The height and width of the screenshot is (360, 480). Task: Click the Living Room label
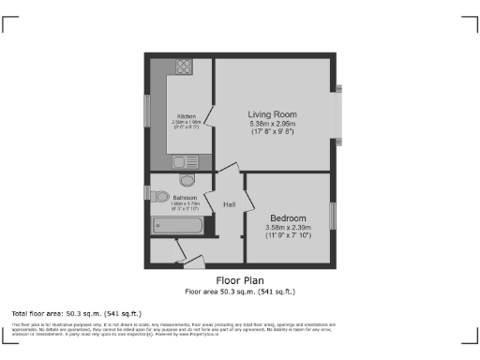pyautogui.click(x=273, y=113)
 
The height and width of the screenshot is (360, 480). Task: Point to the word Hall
pyautogui.click(x=229, y=204)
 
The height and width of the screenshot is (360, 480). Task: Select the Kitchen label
pyautogui.click(x=187, y=116)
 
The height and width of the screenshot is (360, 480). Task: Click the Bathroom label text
pyautogui.click(x=185, y=199)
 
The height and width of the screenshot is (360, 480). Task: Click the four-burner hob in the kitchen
pyautogui.click(x=183, y=67)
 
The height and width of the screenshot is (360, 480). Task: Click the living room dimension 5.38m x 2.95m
pyautogui.click(x=273, y=124)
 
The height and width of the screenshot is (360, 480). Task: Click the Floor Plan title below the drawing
pyautogui.click(x=239, y=279)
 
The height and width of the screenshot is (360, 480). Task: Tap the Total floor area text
pyautogui.click(x=62, y=312)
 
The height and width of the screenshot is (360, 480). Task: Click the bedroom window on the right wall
pyautogui.click(x=332, y=216)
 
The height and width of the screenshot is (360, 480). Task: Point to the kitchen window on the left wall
pyautogui.click(x=146, y=110)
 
